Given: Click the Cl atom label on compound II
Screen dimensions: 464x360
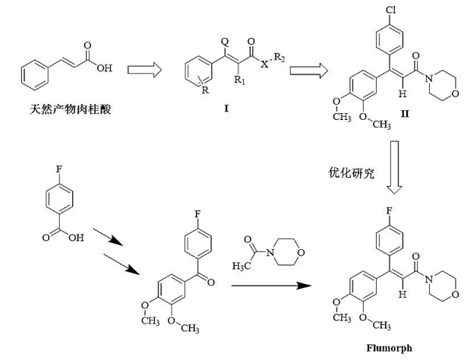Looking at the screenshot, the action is tap(390, 10).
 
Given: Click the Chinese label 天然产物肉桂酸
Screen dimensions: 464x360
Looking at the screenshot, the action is tap(71, 109).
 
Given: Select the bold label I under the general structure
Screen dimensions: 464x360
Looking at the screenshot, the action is tap(226, 109).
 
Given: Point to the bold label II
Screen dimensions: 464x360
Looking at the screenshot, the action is tap(405, 114).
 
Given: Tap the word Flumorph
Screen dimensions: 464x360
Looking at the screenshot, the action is tap(389, 348).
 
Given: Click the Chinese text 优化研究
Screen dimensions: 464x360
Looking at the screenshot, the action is tap(352, 172).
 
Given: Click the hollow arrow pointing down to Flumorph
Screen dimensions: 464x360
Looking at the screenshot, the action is tap(394, 167).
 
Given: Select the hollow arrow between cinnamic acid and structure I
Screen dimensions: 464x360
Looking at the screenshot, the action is tap(144, 70).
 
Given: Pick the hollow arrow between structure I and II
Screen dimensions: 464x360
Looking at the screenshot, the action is tap(308, 71).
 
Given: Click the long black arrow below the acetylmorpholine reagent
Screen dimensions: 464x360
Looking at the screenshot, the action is tap(271, 286).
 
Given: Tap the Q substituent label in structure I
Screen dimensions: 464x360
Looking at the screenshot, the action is tap(226, 42).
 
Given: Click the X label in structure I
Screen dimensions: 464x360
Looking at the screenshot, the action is tap(264, 64).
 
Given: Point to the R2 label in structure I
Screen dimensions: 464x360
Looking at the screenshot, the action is tap(279, 57).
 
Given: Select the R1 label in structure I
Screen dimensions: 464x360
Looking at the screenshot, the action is tap(240, 80).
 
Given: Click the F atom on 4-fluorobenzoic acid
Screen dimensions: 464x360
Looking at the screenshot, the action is tap(59, 169).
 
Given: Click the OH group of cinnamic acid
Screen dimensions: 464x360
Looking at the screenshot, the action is tap(105, 68).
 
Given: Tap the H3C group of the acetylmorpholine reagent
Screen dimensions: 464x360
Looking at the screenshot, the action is tap(241, 266).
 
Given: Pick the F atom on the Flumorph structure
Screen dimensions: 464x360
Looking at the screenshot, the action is tap(390, 211).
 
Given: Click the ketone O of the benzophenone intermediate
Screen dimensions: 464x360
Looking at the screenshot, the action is tap(210, 282).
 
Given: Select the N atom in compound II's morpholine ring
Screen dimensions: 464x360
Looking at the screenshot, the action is tap(429, 78).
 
